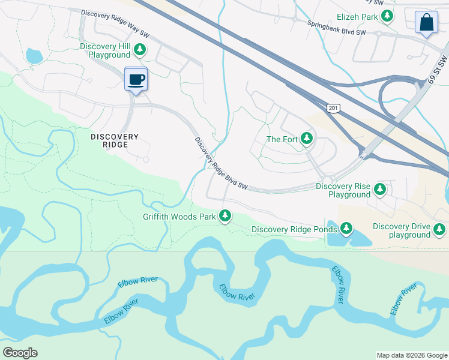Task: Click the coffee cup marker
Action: pos(136,79)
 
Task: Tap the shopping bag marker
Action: pos(426,22)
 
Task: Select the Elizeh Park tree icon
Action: pos(388,17)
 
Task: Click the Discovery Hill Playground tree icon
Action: pos(140,50)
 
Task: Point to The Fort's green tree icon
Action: pos(307,139)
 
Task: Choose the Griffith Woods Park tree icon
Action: pos(225,216)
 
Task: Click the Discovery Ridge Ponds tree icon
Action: pos(346,229)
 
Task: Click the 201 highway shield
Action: pos(334,108)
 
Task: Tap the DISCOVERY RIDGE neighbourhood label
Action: pos(115,141)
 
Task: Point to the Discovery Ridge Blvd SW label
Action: pos(221,164)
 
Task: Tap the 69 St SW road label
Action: pos(436,70)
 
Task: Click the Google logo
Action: pos(20,353)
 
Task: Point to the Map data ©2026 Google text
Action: pos(411,355)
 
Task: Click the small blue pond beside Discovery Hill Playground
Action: pos(34,56)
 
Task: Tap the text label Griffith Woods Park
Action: pos(179,217)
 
